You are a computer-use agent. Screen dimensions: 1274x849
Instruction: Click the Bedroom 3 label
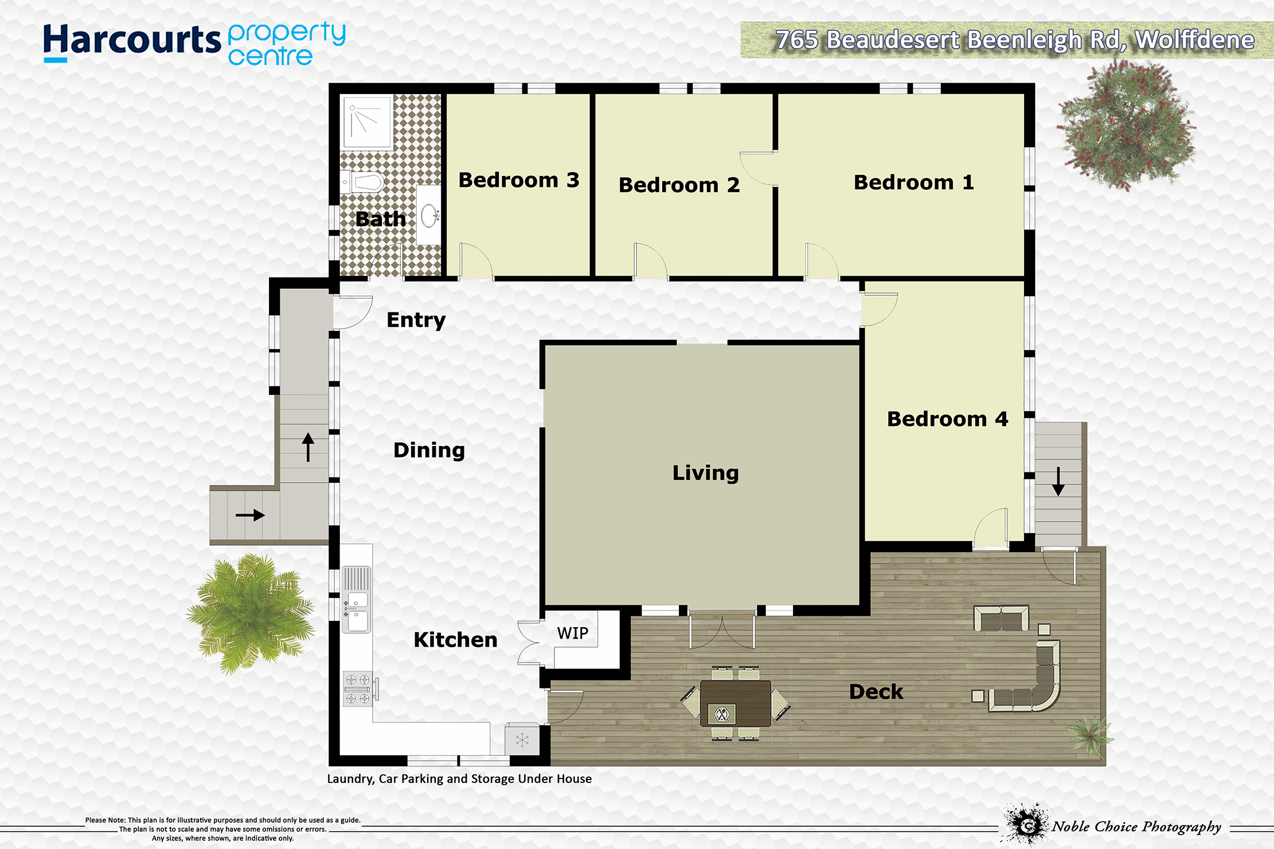click(519, 180)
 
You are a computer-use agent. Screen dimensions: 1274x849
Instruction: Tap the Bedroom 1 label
click(914, 182)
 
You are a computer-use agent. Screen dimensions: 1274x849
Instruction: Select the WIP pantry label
click(573, 633)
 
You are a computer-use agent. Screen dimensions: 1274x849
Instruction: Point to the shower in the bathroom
click(367, 123)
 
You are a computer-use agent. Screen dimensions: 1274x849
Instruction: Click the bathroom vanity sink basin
click(429, 216)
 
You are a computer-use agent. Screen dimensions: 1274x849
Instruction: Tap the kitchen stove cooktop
click(358, 689)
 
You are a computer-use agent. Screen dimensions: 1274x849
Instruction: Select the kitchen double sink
click(357, 600)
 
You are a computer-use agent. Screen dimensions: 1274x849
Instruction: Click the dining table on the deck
click(736, 703)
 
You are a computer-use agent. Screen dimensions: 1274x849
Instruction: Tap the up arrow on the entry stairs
click(308, 447)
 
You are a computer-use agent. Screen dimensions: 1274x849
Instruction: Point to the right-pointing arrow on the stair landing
click(250, 515)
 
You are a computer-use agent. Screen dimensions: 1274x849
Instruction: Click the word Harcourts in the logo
click(132, 41)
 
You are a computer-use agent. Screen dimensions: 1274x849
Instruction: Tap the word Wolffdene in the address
click(1194, 40)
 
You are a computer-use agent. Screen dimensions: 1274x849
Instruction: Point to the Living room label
click(706, 474)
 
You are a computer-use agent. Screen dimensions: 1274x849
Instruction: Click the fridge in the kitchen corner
click(522, 740)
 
